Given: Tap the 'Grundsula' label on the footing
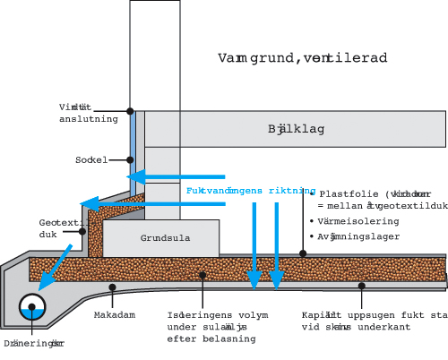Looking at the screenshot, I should [160, 239].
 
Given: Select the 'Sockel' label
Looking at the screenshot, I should [91, 160].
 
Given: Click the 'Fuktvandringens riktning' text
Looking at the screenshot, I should [250, 191].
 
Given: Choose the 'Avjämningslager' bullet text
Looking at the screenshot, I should [358, 236].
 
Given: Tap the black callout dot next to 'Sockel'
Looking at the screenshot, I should [130, 160].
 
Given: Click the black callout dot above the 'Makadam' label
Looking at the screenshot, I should [111, 287].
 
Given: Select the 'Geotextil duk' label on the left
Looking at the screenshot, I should [56, 228].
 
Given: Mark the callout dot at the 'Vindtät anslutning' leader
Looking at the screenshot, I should [131, 111].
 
